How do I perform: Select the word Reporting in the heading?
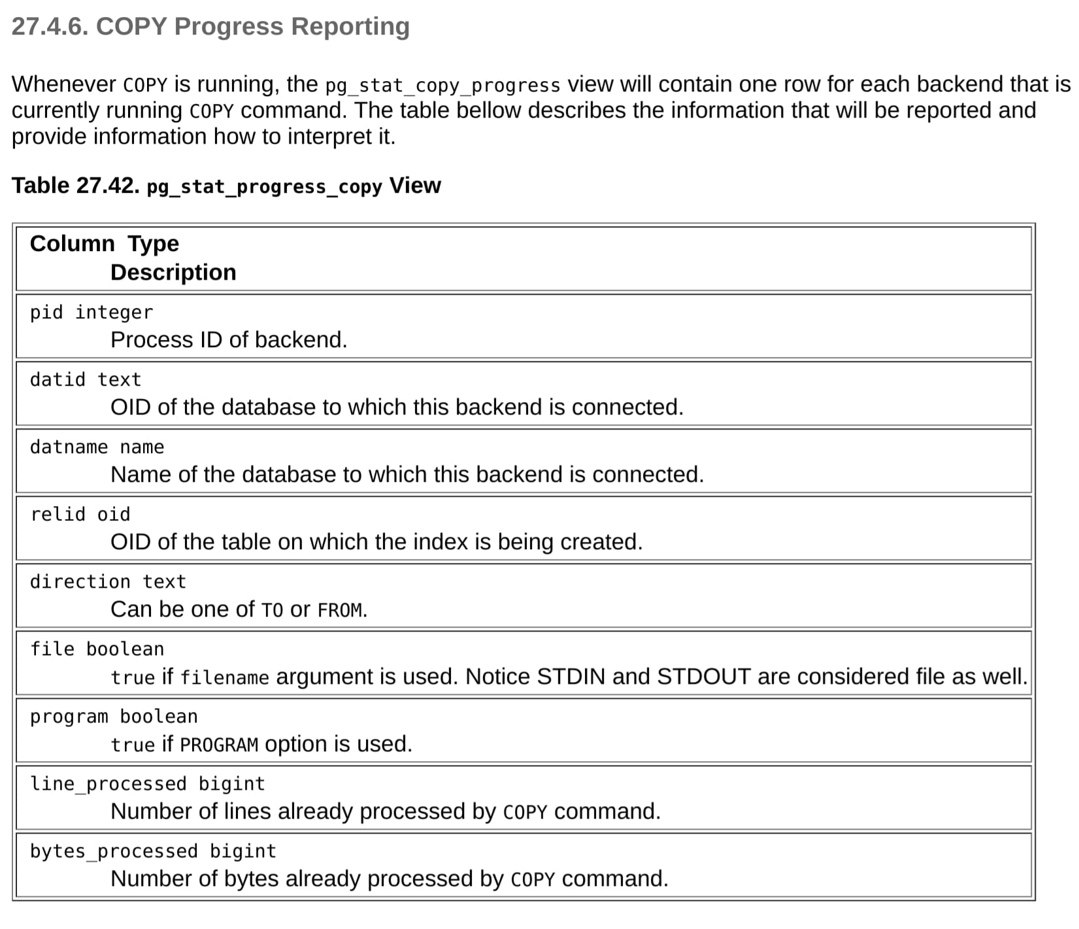[350, 27]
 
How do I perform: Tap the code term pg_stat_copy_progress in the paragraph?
[442, 86]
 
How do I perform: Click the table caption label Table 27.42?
[76, 186]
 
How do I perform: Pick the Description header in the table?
[173, 273]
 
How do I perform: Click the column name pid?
[46, 312]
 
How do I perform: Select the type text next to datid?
[119, 380]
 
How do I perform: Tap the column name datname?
[69, 447]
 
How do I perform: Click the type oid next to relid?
[114, 515]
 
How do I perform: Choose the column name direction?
[80, 582]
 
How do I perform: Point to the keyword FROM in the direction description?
[340, 611]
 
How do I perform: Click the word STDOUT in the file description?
[704, 677]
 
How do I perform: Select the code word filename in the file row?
[224, 678]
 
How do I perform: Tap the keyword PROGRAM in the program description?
[219, 745]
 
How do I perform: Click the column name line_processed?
[108, 784]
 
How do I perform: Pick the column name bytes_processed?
[114, 851]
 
